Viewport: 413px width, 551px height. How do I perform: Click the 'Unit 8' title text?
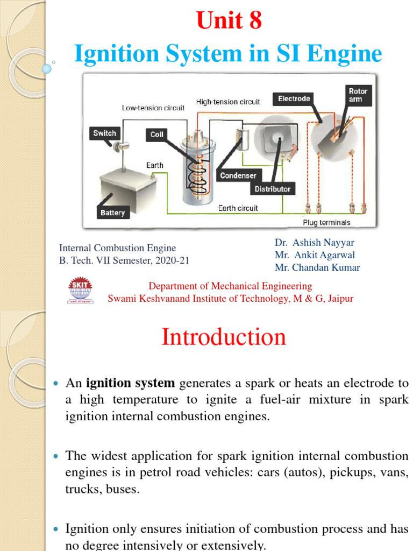pyautogui.click(x=229, y=21)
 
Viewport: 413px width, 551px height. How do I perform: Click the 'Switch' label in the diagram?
pyautogui.click(x=104, y=133)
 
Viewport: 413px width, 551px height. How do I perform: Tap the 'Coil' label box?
pyautogui.click(x=156, y=134)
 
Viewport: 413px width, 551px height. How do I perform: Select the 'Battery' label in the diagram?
pyautogui.click(x=112, y=213)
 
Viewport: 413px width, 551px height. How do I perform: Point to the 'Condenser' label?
pyautogui.click(x=238, y=175)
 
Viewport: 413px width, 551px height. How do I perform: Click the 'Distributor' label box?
pyautogui.click(x=272, y=189)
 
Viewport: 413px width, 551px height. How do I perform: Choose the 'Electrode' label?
pyautogui.click(x=294, y=98)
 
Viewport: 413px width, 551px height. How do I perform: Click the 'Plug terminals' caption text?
pyautogui.click(x=326, y=222)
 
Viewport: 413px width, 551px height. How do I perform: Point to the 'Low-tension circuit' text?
pyautogui.click(x=153, y=108)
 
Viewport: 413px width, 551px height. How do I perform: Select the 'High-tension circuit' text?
pyautogui.click(x=227, y=102)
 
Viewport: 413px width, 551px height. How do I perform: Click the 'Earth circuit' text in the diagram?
pyautogui.click(x=238, y=208)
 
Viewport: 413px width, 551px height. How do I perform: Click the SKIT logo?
pyautogui.click(x=81, y=289)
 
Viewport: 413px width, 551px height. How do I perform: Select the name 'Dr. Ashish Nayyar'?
pyautogui.click(x=315, y=243)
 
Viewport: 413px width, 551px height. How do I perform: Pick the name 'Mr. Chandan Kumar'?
pyautogui.click(x=317, y=267)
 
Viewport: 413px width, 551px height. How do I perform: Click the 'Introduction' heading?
pyautogui.click(x=224, y=337)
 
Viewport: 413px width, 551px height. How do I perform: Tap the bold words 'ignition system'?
pyautogui.click(x=131, y=383)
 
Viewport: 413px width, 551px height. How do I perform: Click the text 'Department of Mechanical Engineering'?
pyautogui.click(x=230, y=286)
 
